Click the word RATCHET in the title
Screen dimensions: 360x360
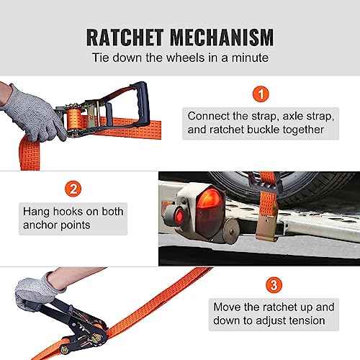(125, 37)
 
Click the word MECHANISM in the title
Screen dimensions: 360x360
(222, 37)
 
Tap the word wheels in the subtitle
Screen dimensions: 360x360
(186, 58)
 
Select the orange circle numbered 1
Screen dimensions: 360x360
(261, 94)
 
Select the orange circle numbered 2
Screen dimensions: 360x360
(73, 189)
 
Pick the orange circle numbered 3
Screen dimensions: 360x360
(274, 285)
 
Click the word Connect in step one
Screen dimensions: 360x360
(208, 116)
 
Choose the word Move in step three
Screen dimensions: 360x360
(227, 307)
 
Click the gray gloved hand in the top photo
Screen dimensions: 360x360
(34, 114)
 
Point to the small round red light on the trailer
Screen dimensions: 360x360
(179, 216)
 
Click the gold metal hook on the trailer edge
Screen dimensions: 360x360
(268, 225)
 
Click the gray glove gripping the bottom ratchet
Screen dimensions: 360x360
(36, 293)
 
